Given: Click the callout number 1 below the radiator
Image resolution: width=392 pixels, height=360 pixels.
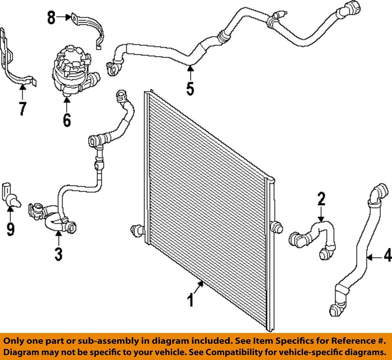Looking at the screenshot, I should tap(191, 301).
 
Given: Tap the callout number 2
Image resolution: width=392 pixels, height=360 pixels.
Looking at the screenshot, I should tap(321, 199).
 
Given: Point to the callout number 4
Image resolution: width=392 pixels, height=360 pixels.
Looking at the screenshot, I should tap(387, 257).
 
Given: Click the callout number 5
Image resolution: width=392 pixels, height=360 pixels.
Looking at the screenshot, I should tap(190, 89).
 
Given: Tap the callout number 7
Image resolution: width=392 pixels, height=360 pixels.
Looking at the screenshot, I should tap(22, 108).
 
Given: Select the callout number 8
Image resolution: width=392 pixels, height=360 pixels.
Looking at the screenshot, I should tap(51, 18).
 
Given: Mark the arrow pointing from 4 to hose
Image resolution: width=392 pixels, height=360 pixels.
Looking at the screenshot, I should tap(375, 257).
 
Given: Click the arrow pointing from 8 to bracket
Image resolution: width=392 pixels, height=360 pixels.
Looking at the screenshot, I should tap(64, 17).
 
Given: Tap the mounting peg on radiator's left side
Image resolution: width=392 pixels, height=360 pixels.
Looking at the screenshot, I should tap(137, 231).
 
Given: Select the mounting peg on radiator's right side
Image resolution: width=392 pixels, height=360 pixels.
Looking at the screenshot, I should tap(277, 228).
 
